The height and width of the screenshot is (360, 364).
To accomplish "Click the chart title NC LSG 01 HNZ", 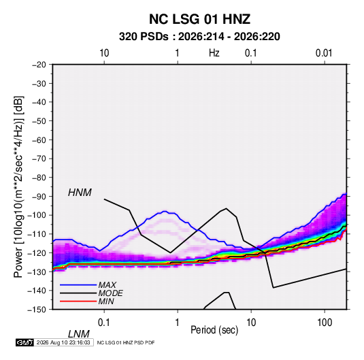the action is tap(199, 19).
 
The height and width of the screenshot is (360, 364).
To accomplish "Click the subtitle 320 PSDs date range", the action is tap(199, 37).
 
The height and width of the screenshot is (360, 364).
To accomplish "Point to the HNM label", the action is tap(80, 193).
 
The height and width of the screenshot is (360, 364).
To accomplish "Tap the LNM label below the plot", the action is tap(79, 334).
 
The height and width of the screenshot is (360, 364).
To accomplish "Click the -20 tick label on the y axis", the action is tap(39, 65).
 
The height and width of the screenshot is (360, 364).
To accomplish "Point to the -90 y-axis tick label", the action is tap(39, 197).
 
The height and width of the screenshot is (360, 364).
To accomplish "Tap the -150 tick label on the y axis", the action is tap(37, 310).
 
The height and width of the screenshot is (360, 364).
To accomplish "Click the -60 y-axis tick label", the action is tap(39, 140).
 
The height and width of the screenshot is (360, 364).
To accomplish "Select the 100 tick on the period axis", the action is tap(325, 323).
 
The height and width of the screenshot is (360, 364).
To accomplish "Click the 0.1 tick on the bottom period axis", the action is tap(104, 323).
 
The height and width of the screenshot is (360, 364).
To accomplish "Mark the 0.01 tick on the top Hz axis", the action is tap(324, 53).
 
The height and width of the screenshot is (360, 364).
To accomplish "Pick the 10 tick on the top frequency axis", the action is tap(104, 53).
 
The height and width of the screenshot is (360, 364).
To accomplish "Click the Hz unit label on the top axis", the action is tap(214, 53).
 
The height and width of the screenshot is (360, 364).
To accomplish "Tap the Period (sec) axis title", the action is tap(214, 330).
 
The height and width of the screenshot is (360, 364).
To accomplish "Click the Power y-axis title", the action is tap(18, 186).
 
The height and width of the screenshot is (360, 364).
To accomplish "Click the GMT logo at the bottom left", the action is tap(24, 342).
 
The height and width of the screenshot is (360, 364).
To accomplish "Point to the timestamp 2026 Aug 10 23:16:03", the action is tap(63, 342).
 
